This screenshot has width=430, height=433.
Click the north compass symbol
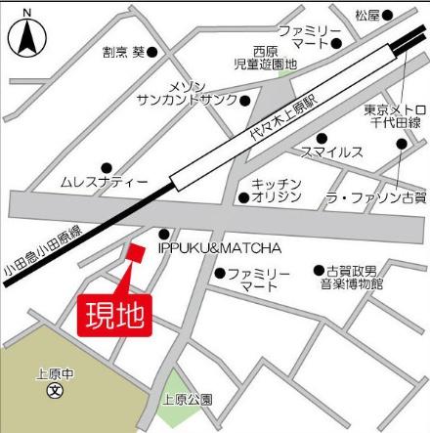[x=26, y=39]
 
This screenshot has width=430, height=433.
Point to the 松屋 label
[x=366, y=15]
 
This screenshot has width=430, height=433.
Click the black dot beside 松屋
[x=387, y=15]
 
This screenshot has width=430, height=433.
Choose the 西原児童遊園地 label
[x=273, y=58]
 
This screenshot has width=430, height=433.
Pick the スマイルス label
[x=332, y=152]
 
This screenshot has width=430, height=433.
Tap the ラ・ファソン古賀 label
[x=376, y=198]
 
